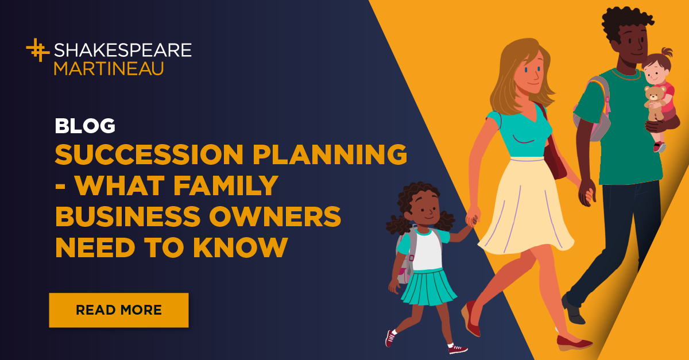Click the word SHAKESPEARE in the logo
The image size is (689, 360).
pos(122,50)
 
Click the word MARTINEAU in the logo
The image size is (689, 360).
pos(109,68)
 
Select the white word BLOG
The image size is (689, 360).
pos(85,126)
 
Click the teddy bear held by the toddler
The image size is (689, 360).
pos(654,98)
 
